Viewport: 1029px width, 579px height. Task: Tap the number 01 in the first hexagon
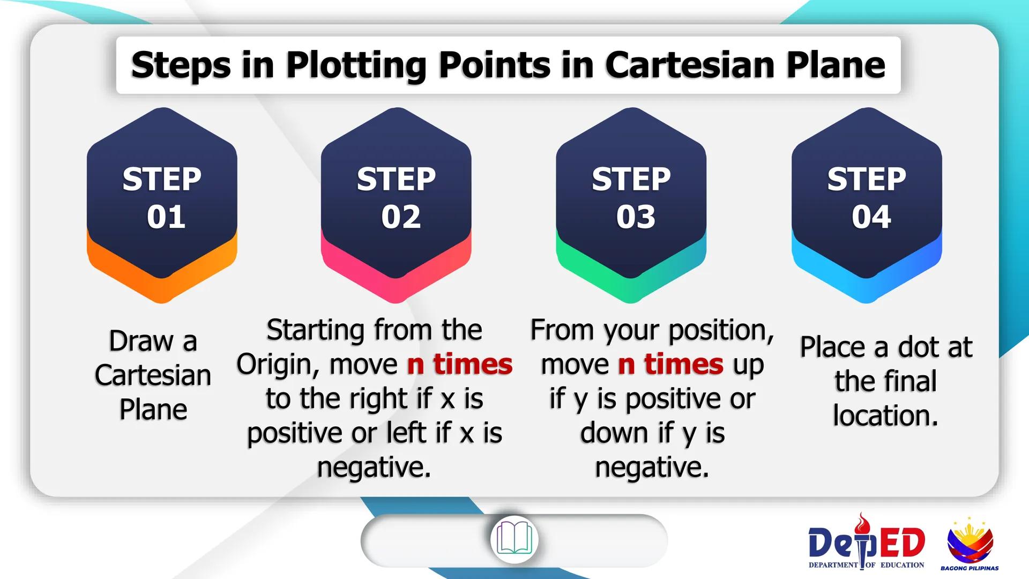[166, 217]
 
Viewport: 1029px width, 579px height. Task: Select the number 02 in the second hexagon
[401, 217]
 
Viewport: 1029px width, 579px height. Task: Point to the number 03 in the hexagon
[636, 217]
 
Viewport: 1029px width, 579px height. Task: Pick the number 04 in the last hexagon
[871, 217]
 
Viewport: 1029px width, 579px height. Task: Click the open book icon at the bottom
[514, 539]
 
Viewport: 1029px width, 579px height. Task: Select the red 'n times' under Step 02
[460, 364]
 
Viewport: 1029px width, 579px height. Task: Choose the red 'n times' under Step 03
[671, 364]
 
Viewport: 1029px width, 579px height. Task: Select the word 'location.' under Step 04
[886, 415]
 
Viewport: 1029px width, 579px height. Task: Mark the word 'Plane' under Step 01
[153, 410]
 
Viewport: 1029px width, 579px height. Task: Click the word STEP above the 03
[631, 179]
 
